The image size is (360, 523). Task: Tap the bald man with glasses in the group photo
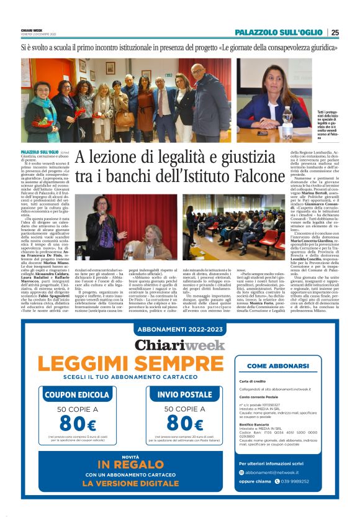(199, 73)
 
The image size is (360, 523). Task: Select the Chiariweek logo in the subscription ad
(179, 345)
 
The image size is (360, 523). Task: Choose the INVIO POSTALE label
(184, 394)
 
